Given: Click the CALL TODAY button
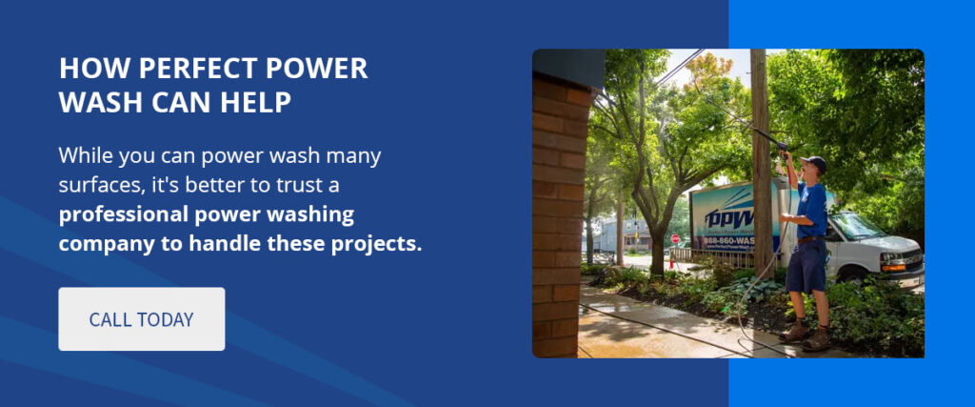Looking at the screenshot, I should (x=141, y=319).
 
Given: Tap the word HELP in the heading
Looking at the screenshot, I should (x=256, y=101).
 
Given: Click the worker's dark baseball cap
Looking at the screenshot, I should (x=813, y=162).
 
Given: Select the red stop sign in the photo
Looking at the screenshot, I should (x=675, y=239).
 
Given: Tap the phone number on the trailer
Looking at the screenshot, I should (x=728, y=241).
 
